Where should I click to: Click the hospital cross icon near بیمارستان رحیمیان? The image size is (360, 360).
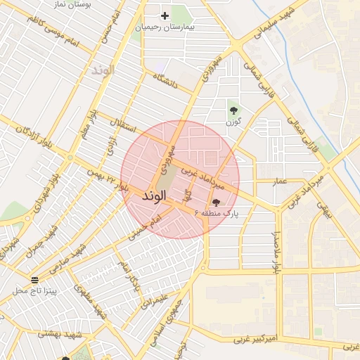pos(165,15)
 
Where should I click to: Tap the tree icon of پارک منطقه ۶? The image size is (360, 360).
pos(215,202)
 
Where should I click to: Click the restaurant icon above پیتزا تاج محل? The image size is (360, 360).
pos(35,280)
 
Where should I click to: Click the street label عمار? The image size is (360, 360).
pos(281,181)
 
